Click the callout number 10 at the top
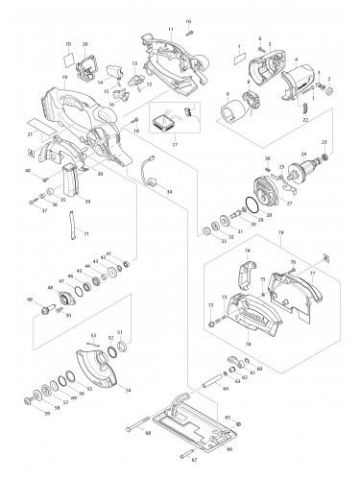click(x=188, y=20)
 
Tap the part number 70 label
click(x=68, y=45)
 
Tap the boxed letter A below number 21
click(x=33, y=153)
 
